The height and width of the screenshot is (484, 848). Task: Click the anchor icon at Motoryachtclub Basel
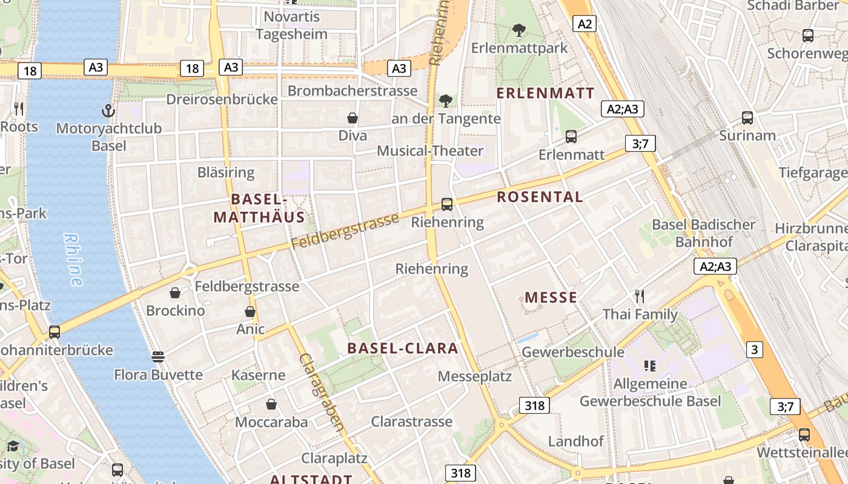[x=108, y=111]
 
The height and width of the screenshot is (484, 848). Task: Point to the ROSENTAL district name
[x=540, y=197]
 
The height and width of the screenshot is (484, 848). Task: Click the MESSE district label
[x=551, y=297]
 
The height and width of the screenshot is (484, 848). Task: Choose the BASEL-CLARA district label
[x=403, y=348]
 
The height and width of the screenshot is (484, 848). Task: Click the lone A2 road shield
[x=585, y=24]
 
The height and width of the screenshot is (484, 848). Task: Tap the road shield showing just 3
[x=754, y=349]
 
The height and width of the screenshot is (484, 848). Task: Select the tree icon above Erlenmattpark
[x=518, y=30]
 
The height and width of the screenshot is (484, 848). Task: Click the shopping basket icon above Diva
[x=353, y=118]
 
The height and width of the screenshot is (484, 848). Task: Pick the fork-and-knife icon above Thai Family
[x=639, y=296]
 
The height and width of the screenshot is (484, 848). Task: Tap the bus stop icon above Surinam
[x=747, y=118]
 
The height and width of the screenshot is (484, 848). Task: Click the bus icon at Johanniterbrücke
[x=55, y=332]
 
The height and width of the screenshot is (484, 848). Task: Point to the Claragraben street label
[x=322, y=392]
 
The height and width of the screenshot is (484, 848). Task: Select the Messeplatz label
[x=475, y=376]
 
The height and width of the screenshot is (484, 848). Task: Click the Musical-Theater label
[x=430, y=151]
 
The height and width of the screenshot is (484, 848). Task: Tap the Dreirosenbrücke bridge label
[x=222, y=99]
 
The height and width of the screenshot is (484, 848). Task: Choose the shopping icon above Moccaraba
[x=271, y=404]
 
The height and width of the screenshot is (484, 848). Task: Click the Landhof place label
[x=576, y=441]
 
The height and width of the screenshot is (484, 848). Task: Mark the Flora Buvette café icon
[x=158, y=357]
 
